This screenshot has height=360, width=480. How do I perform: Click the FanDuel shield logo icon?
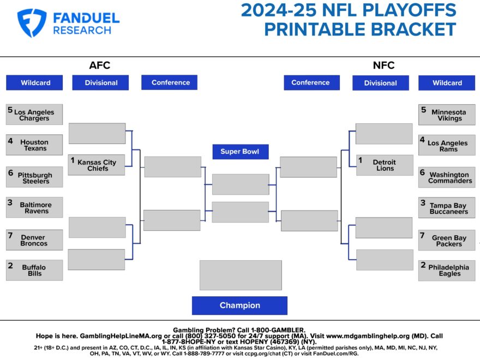tap(32, 23)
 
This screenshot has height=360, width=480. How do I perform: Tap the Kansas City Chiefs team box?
tap(97, 165)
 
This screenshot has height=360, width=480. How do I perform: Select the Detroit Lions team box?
tap(384, 165)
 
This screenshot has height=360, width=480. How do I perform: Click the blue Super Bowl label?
tap(240, 152)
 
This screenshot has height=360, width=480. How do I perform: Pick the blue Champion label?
tap(239, 305)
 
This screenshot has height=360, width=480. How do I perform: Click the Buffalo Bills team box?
tap(34, 270)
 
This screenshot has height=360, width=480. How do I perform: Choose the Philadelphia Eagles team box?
tap(447, 271)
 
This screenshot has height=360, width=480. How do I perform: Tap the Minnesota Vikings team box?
tap(447, 115)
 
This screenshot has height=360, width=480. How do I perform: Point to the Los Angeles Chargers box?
tap(34, 115)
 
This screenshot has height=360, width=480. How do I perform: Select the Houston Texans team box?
tap(34, 145)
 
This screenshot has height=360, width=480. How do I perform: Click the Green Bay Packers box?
tap(447, 241)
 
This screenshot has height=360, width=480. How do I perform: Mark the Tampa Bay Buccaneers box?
tap(447, 208)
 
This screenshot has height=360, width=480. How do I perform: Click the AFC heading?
tap(100, 66)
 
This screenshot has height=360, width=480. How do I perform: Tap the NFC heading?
tap(383, 66)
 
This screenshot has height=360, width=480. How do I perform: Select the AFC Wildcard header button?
tap(35, 83)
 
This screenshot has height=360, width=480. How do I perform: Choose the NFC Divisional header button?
tap(380, 83)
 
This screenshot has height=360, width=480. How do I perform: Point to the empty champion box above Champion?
tap(241, 275)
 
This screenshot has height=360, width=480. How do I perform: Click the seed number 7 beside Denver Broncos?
tap(10, 235)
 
